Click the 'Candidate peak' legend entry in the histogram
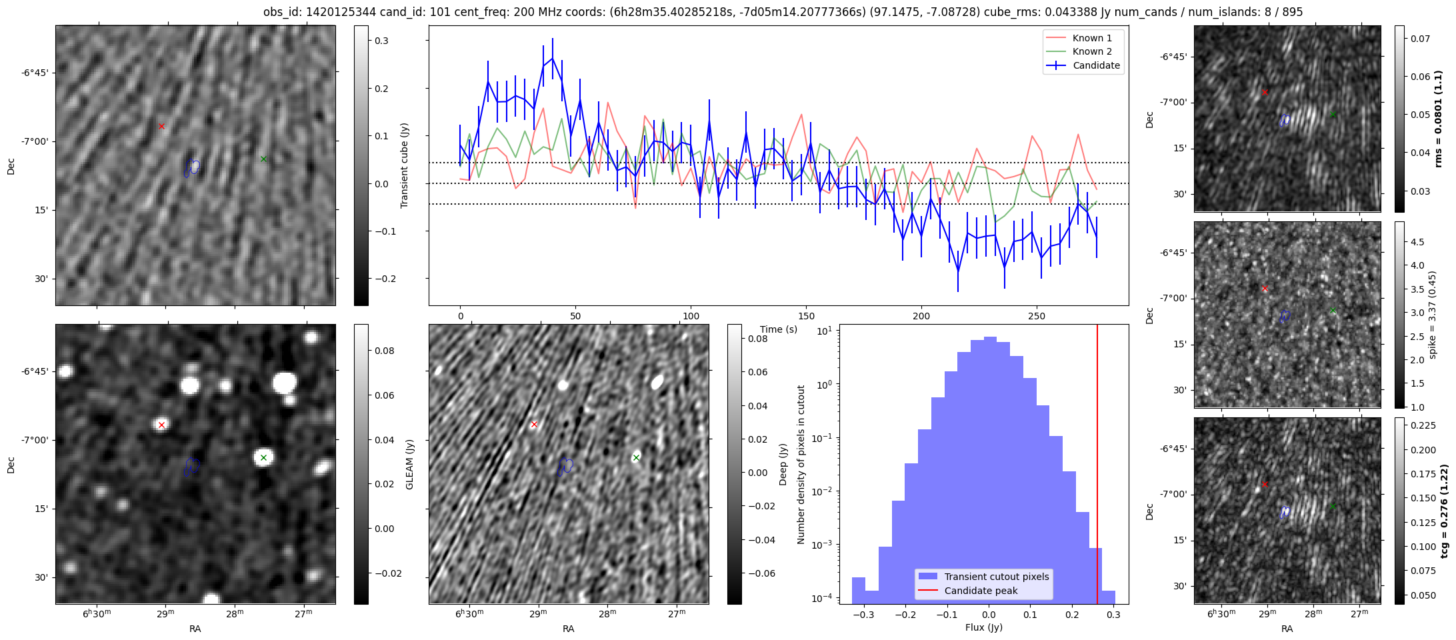pos(981,591)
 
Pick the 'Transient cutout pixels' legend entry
pos(997,577)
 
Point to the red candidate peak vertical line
pos(1097,467)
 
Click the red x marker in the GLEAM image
pos(161,425)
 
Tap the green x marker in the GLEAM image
pos(263,457)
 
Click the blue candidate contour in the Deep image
pos(565,466)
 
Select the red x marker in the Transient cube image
pos(161,126)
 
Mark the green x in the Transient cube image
pos(263,159)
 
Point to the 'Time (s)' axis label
pos(779,329)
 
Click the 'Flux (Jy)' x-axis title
pos(983,627)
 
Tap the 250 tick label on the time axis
pos(1036,315)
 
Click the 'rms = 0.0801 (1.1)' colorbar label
pos(1439,119)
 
